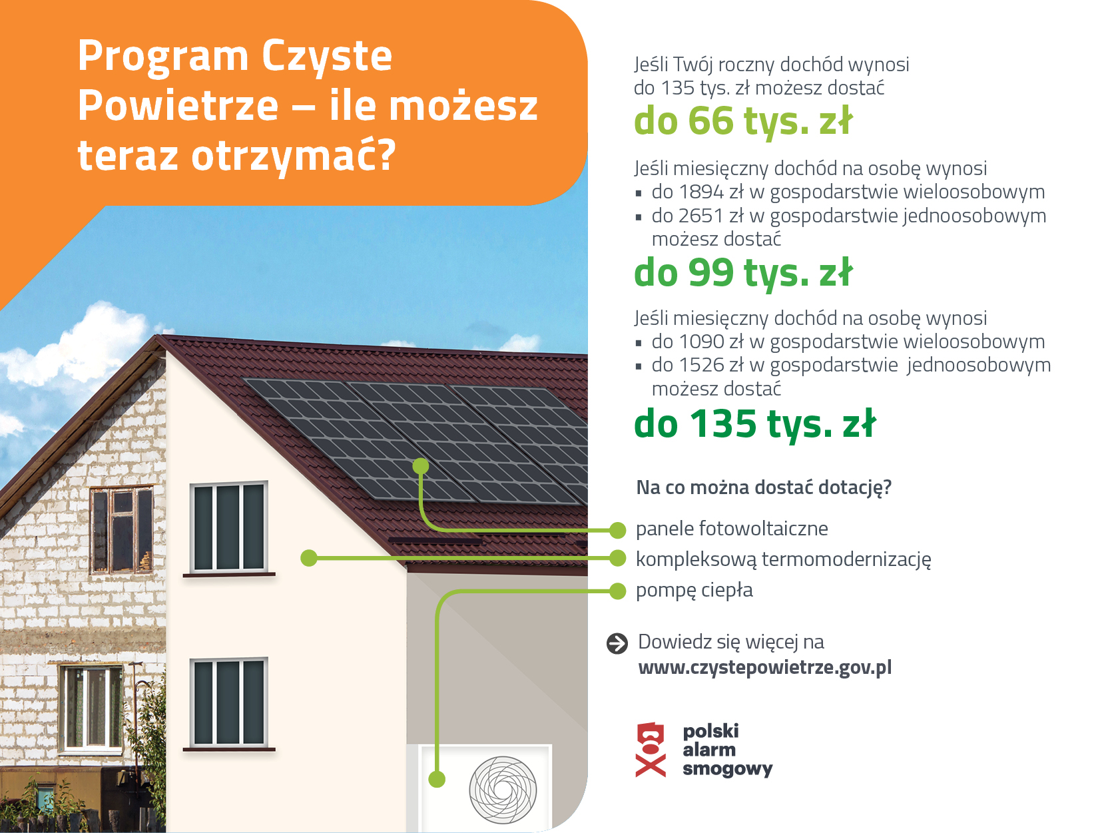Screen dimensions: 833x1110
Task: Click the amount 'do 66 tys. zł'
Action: [742, 121]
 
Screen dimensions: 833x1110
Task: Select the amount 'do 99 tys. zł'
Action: [742, 273]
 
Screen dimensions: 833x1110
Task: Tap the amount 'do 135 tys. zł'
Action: [754, 424]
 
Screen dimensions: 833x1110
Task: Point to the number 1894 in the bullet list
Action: [701, 192]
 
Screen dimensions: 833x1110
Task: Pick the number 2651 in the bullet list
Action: [701, 216]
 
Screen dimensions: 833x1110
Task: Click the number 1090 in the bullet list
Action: [701, 342]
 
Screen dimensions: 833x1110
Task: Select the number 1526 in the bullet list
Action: [701, 365]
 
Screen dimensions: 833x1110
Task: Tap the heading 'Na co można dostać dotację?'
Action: [764, 487]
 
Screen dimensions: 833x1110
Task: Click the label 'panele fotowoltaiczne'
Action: [732, 529]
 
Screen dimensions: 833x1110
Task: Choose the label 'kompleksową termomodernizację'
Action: [783, 559]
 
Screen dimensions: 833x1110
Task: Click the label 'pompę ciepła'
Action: [694, 590]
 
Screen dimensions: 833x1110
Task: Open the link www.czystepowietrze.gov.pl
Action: [764, 667]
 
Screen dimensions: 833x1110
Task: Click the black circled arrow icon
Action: [617, 643]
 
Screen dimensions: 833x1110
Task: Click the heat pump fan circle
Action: [503, 790]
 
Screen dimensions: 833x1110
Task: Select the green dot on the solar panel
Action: [420, 466]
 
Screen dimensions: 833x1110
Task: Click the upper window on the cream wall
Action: [228, 527]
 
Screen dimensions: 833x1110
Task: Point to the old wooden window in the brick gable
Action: [122, 530]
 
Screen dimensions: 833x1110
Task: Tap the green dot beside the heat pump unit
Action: [437, 778]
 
